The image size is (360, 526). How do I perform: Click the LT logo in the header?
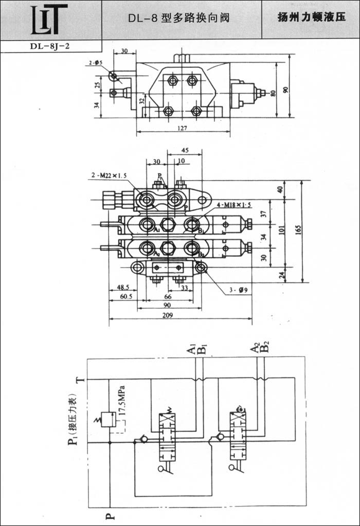[49, 19]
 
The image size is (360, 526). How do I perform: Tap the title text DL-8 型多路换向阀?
[178, 19]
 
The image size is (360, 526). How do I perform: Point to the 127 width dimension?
[183, 127]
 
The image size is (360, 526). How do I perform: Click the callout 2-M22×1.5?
[109, 176]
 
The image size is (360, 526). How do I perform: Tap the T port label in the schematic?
[78, 379]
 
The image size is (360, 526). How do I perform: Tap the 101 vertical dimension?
[281, 231]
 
